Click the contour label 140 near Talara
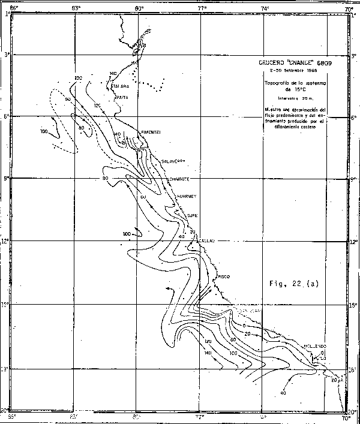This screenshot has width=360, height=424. tap(113, 73)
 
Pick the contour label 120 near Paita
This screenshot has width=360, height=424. tap(97, 106)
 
